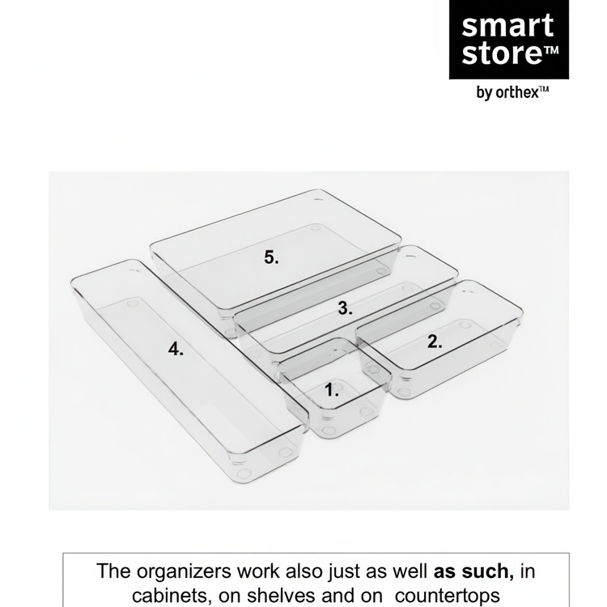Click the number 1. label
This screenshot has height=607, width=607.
(x=332, y=391)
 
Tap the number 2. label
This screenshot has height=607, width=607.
(x=435, y=342)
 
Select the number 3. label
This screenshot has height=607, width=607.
(x=345, y=308)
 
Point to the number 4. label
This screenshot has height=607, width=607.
(x=176, y=349)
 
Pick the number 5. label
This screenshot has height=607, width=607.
(x=271, y=257)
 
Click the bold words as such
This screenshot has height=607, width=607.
(x=473, y=571)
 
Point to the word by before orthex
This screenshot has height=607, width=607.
(x=484, y=93)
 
